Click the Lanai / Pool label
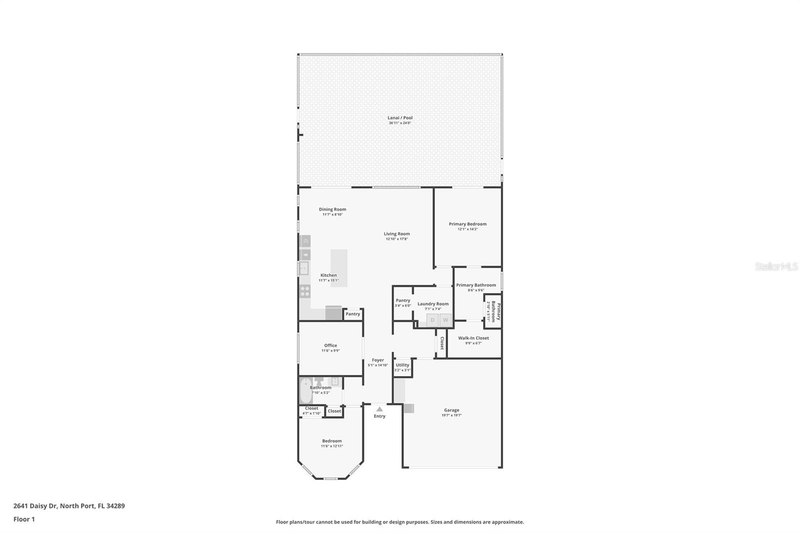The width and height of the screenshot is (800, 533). pyautogui.click(x=400, y=118)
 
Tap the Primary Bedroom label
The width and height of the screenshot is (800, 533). pyautogui.click(x=467, y=224)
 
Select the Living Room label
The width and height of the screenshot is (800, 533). pyautogui.click(x=396, y=233)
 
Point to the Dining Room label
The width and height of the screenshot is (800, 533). pyautogui.click(x=332, y=209)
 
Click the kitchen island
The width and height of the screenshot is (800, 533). pyautogui.click(x=338, y=267)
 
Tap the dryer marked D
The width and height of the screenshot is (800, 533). pyautogui.click(x=432, y=320)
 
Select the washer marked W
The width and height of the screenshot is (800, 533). pyautogui.click(x=445, y=320)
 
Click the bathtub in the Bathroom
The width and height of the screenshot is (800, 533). pyautogui.click(x=305, y=391)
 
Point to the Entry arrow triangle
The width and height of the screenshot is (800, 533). pyautogui.click(x=379, y=409)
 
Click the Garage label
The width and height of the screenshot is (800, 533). pyautogui.click(x=451, y=410)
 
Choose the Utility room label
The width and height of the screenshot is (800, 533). pyautogui.click(x=402, y=365)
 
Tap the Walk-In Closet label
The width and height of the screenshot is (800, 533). pyautogui.click(x=473, y=338)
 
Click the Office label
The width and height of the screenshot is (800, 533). pyautogui.click(x=330, y=345)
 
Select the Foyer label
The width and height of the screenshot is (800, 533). pyautogui.click(x=378, y=360)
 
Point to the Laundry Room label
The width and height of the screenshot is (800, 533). pyautogui.click(x=433, y=303)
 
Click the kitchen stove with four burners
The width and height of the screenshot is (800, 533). pyautogui.click(x=304, y=291)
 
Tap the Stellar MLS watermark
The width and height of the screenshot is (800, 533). pyautogui.click(x=776, y=266)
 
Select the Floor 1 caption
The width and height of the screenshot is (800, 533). pyautogui.click(x=24, y=519)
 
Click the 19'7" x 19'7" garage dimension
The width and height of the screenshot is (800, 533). pyautogui.click(x=451, y=415)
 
